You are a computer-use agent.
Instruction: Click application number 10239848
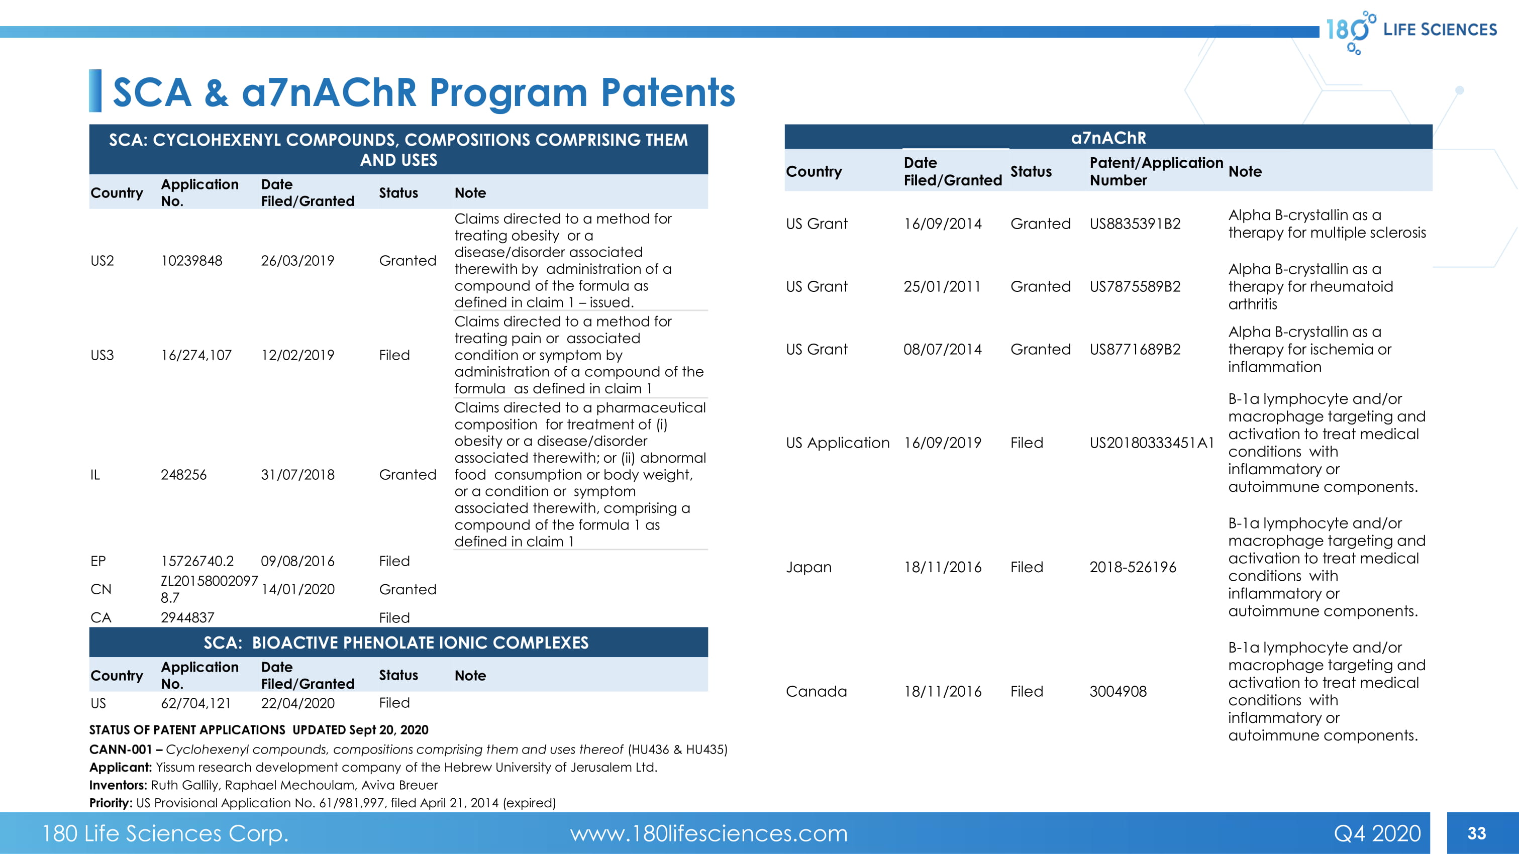click(x=191, y=261)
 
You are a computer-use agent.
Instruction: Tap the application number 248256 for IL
click(x=183, y=474)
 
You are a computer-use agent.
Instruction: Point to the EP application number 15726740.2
click(x=197, y=561)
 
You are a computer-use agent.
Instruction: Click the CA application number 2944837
click(x=187, y=618)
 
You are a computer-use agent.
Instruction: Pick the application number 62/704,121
click(x=196, y=703)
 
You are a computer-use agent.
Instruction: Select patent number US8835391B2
click(x=1135, y=224)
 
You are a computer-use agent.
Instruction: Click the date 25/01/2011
click(x=942, y=286)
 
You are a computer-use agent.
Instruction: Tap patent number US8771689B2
click(x=1135, y=350)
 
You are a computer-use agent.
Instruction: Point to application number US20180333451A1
click(x=1152, y=443)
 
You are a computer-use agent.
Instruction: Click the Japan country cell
click(x=808, y=567)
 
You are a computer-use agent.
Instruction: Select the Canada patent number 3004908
click(x=1118, y=691)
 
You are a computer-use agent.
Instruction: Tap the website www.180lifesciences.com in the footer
click(x=708, y=833)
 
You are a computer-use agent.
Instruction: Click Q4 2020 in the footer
click(x=1377, y=833)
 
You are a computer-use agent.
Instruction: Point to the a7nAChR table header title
click(x=1108, y=138)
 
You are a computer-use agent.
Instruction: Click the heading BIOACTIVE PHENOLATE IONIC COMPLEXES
click(x=420, y=643)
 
